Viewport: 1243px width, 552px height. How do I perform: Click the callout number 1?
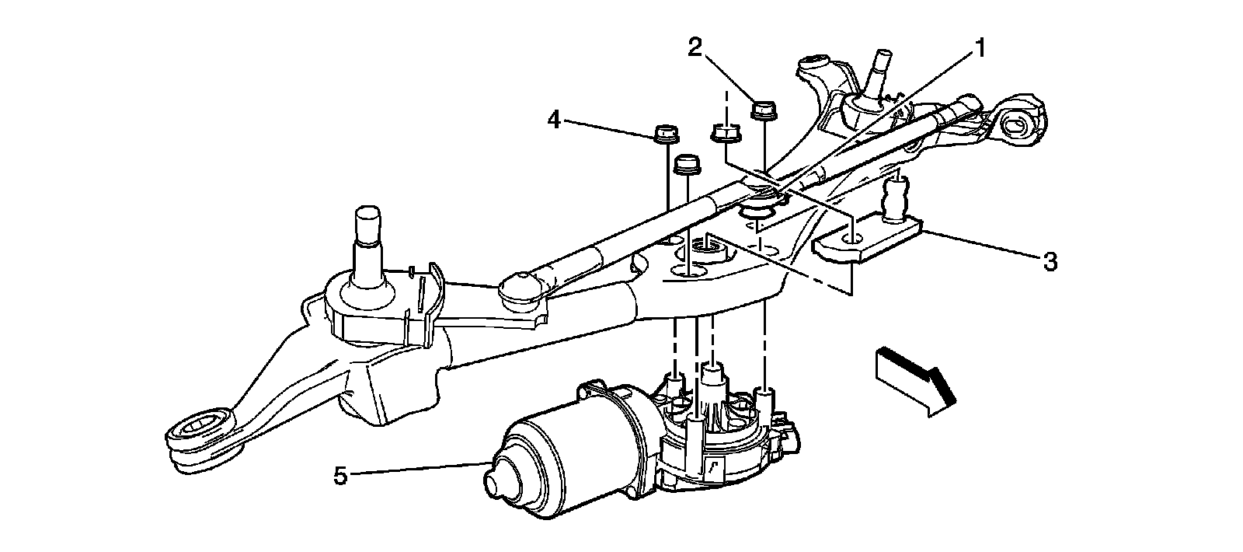pos(980,49)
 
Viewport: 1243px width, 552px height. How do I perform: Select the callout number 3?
pos(1050,263)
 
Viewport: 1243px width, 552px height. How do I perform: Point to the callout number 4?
pos(553,121)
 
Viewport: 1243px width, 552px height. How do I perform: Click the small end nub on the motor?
pos(495,476)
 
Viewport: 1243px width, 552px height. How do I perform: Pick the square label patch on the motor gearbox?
pos(713,467)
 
